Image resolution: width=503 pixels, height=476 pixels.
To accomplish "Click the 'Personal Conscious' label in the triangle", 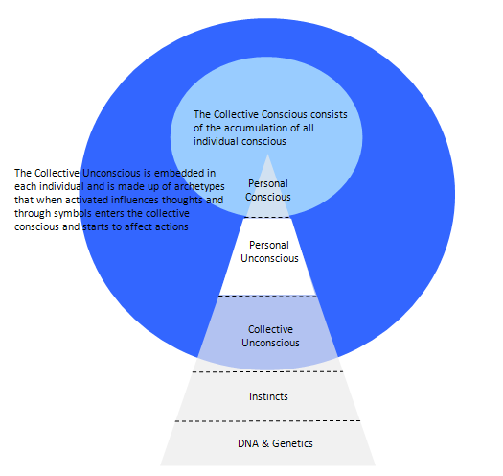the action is (268, 190).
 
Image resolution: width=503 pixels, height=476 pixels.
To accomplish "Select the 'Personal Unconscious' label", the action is (269, 251).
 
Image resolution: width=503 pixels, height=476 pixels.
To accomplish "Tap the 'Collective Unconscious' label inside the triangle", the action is (270, 336).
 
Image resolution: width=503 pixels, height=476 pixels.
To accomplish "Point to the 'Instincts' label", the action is (268, 396).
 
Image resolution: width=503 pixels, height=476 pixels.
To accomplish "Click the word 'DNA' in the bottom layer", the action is (248, 443).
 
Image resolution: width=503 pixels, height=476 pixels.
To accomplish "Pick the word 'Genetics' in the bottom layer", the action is (292, 443).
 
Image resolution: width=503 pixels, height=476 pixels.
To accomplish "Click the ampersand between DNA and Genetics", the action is (265, 443).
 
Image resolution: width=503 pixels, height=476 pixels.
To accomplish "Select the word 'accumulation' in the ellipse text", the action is (256, 128).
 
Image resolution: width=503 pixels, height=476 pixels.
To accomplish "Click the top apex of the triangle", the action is (268, 155).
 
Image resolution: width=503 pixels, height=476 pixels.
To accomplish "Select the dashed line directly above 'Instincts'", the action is (268, 371).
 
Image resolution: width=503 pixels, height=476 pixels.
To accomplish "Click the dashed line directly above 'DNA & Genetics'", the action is (268, 420).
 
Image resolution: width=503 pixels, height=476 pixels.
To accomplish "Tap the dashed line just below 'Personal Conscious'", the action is (267, 218).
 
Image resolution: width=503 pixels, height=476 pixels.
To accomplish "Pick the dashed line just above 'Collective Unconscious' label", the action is (268, 296).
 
